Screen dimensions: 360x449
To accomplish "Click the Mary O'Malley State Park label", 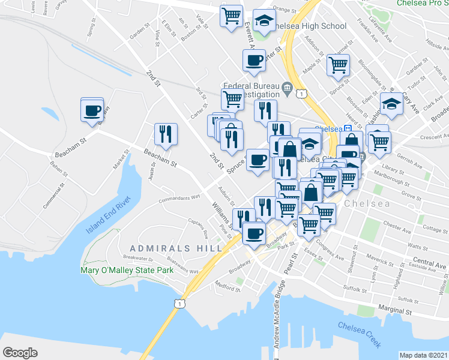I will pos(127,270).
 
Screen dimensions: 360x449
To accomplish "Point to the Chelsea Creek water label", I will pos(359,335).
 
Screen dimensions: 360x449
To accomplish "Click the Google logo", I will pos(20,353).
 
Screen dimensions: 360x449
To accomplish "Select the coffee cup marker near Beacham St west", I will pos(92,110).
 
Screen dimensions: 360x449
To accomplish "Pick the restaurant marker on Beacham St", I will pos(164,134).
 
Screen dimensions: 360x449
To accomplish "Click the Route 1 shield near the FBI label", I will pos(302,93).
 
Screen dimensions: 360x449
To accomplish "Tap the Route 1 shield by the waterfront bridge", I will pos(178,304).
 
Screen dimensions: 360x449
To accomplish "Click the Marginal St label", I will pos(394,312).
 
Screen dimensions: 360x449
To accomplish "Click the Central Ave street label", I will pos(430,264).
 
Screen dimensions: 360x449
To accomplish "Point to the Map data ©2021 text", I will pos(423,355).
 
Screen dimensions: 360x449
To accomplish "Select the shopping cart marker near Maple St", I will pos(338,64).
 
